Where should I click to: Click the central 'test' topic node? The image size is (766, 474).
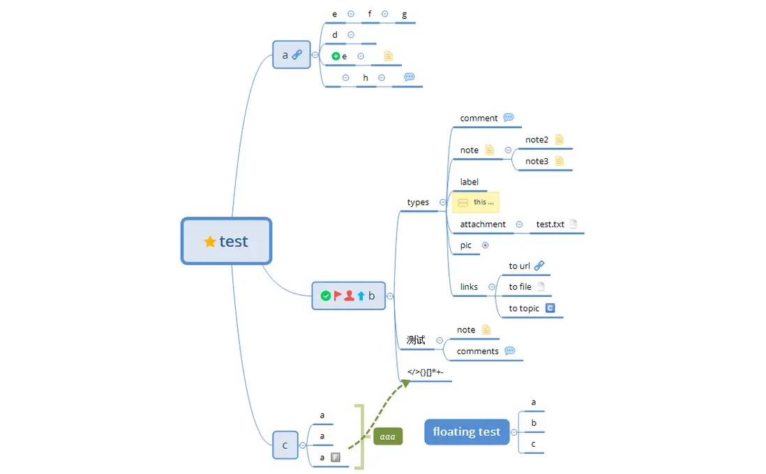[x=226, y=241]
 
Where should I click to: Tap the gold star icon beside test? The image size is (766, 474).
[x=209, y=242]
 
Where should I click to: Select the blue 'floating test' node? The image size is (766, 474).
[x=467, y=431]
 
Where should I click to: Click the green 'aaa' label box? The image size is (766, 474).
[x=388, y=436]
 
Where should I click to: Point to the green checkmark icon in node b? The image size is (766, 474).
[x=325, y=296]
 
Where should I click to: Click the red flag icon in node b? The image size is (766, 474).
[x=337, y=296]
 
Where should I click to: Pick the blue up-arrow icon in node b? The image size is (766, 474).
[x=361, y=296]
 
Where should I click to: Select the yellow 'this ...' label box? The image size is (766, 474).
[x=476, y=202]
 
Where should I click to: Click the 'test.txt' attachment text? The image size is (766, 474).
[x=550, y=224]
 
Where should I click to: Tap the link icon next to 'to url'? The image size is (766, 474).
[x=539, y=266]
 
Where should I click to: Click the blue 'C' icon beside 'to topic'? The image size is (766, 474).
[x=550, y=308]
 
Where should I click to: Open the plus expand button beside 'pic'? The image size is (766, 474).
[x=486, y=245]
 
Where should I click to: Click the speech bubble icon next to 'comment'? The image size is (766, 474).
[x=509, y=118]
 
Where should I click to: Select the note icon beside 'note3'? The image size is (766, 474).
[x=559, y=161]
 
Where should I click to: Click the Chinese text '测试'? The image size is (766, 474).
[x=416, y=340]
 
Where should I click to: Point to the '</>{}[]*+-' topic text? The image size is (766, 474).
[x=426, y=372]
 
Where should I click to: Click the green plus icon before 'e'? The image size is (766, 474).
[x=336, y=56]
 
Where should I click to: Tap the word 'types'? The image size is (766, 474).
[x=418, y=202]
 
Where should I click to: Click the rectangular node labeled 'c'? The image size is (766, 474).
[x=285, y=445]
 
